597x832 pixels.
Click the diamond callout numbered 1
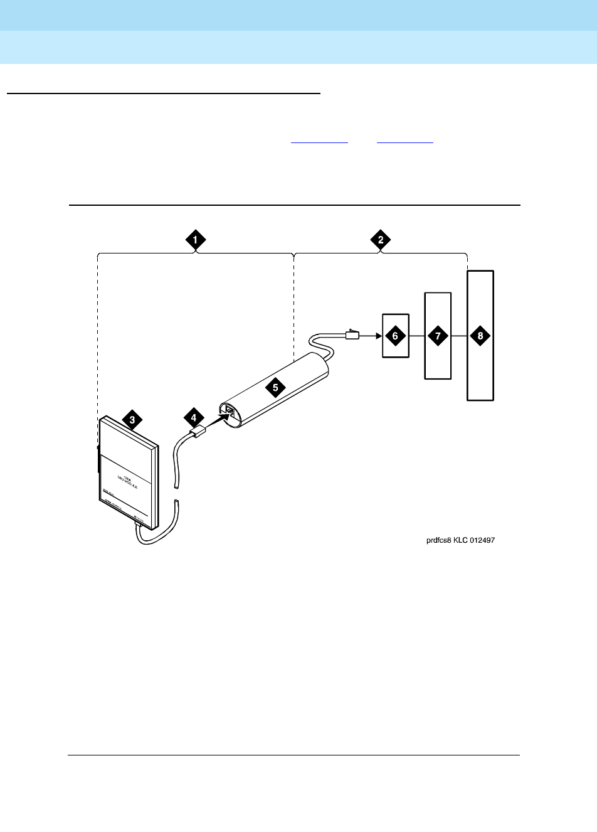(196, 239)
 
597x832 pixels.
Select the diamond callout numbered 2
(380, 239)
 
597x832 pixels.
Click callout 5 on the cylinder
(275, 387)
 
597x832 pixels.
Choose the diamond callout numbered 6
(395, 336)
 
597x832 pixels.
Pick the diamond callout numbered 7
(438, 336)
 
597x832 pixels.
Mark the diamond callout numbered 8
(480, 336)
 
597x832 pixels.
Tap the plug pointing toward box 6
(352, 335)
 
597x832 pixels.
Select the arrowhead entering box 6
(378, 336)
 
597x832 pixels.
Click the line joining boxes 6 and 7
(417, 336)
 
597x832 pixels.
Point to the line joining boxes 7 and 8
(460, 336)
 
